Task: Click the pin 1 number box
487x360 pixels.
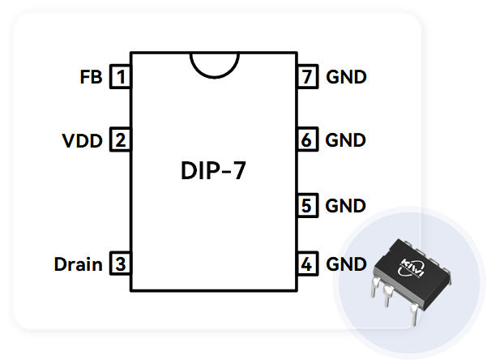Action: coord(121,78)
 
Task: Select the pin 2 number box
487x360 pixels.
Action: coord(121,141)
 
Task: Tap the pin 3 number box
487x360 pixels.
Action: coord(121,264)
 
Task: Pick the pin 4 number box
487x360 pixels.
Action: coord(305,264)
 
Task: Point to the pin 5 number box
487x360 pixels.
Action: coord(305,205)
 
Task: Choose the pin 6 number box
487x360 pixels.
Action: coord(305,140)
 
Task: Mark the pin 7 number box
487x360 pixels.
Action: coord(305,78)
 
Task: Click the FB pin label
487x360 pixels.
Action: coord(91,78)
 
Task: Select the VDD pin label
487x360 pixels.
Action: coord(83,141)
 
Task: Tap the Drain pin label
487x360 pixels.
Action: coord(78,264)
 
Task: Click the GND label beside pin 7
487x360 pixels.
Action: coord(346,78)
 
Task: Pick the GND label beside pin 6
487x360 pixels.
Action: coord(346,140)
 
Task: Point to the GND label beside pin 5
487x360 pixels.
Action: coord(346,205)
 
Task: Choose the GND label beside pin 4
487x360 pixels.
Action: coord(346,264)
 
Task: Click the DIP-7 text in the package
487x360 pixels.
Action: coord(215,173)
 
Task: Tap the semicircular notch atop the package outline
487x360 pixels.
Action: coord(214,63)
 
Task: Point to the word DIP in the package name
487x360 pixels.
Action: coord(199,173)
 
